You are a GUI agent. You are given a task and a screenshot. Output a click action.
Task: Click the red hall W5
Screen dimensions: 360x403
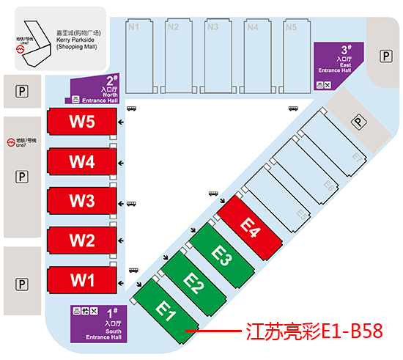82,123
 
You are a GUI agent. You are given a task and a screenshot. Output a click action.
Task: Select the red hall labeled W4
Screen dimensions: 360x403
82,162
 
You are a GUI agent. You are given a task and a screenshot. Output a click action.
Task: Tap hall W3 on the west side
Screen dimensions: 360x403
82,201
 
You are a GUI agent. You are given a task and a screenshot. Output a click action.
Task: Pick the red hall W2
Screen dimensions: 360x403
82,240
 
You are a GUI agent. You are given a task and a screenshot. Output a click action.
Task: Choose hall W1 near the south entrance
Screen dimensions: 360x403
82,279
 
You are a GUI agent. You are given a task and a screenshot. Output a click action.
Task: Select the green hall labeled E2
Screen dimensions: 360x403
195,282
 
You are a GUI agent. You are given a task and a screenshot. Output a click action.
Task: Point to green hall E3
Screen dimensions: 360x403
223,255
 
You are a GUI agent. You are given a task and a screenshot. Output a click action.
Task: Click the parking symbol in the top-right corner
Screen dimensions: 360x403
385,56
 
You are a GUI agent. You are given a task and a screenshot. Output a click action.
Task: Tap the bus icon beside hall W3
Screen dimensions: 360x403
132,205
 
